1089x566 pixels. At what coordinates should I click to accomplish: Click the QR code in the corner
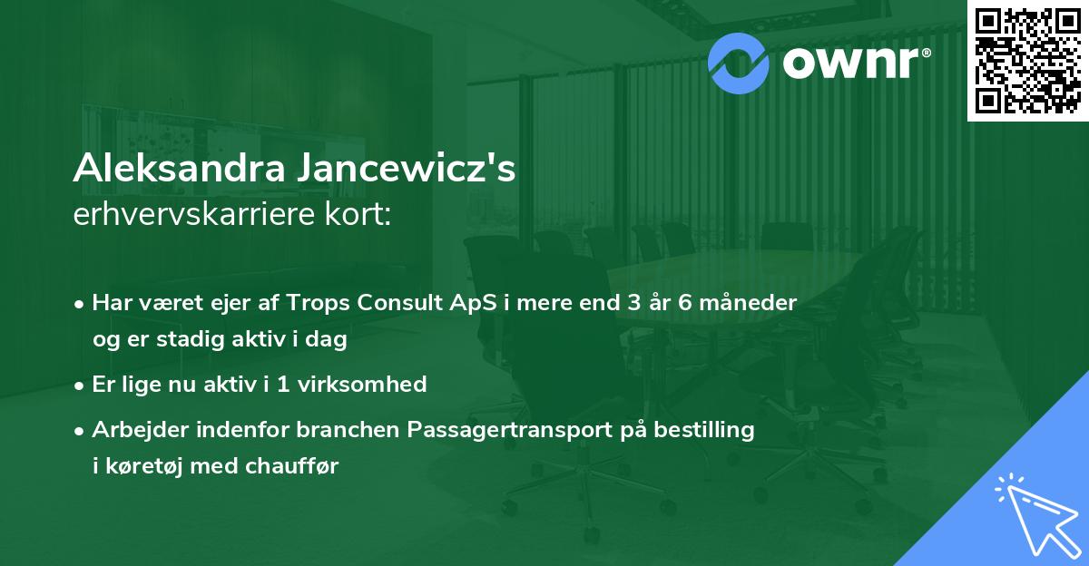pos(1026,61)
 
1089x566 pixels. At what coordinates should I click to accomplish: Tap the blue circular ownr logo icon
pos(740,61)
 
